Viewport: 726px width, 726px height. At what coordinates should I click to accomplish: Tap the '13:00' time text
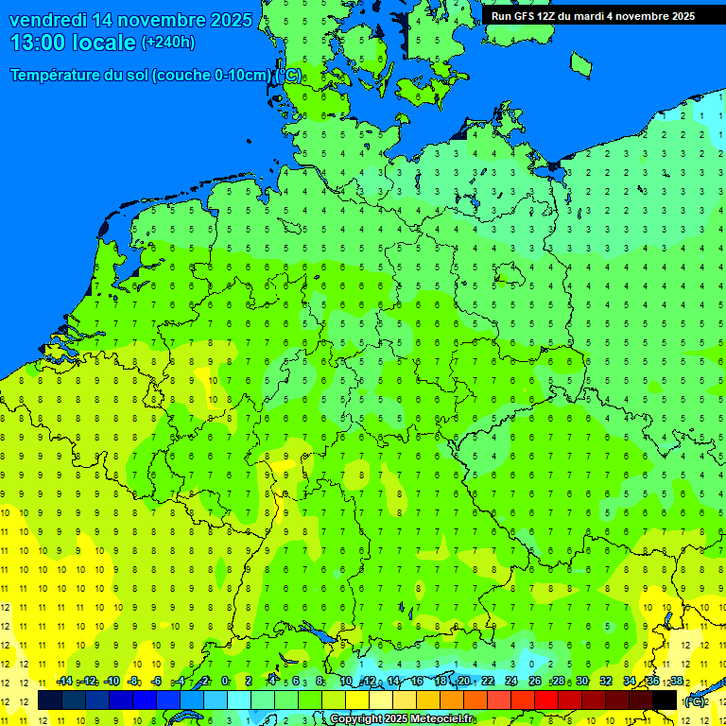(39, 43)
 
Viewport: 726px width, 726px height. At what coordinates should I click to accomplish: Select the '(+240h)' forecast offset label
(168, 43)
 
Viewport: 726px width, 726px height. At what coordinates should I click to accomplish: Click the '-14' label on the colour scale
(64, 682)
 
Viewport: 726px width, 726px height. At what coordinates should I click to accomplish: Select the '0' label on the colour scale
(225, 682)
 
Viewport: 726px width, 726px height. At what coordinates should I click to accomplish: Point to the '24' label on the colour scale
(511, 682)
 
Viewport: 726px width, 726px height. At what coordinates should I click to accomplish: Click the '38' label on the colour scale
(676, 682)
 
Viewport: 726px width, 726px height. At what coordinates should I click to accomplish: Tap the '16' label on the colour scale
(417, 682)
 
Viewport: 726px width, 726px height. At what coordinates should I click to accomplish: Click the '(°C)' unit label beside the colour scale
(694, 701)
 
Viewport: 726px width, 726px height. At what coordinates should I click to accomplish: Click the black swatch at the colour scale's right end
(665, 700)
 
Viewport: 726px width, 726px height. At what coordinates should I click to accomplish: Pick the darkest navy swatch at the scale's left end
(50, 700)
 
